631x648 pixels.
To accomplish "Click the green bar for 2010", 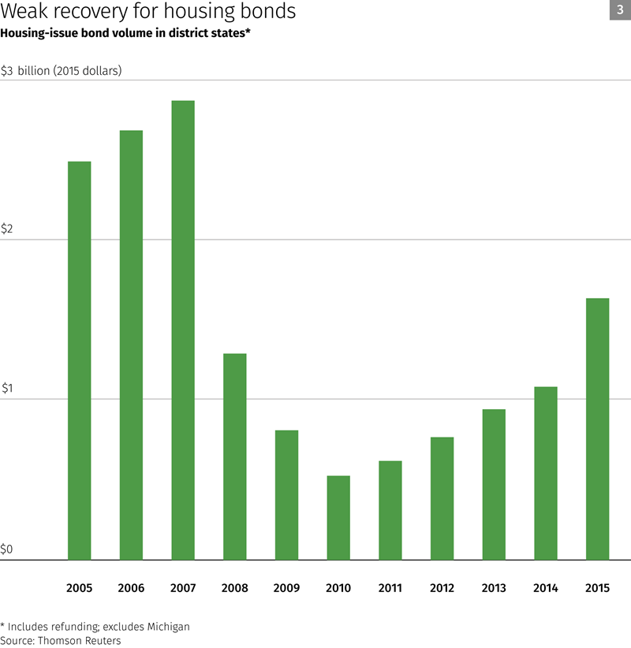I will tap(338, 517).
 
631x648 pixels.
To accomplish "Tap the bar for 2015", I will tap(597, 429).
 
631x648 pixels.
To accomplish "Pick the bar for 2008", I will tap(235, 456).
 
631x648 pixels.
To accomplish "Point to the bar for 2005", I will tap(80, 360).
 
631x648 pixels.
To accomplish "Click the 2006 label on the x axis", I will tap(131, 588).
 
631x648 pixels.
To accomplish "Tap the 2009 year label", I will tap(286, 588).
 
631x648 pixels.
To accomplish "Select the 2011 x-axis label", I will tap(390, 588).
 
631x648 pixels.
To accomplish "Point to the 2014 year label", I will tap(545, 588).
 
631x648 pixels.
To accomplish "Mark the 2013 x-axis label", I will tap(494, 588).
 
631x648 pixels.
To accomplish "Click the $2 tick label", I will tap(7, 229).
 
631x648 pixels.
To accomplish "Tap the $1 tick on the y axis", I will tap(7, 388).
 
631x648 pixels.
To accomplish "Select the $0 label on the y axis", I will tap(7, 549).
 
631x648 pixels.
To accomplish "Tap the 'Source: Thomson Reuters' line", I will tap(61, 641).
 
